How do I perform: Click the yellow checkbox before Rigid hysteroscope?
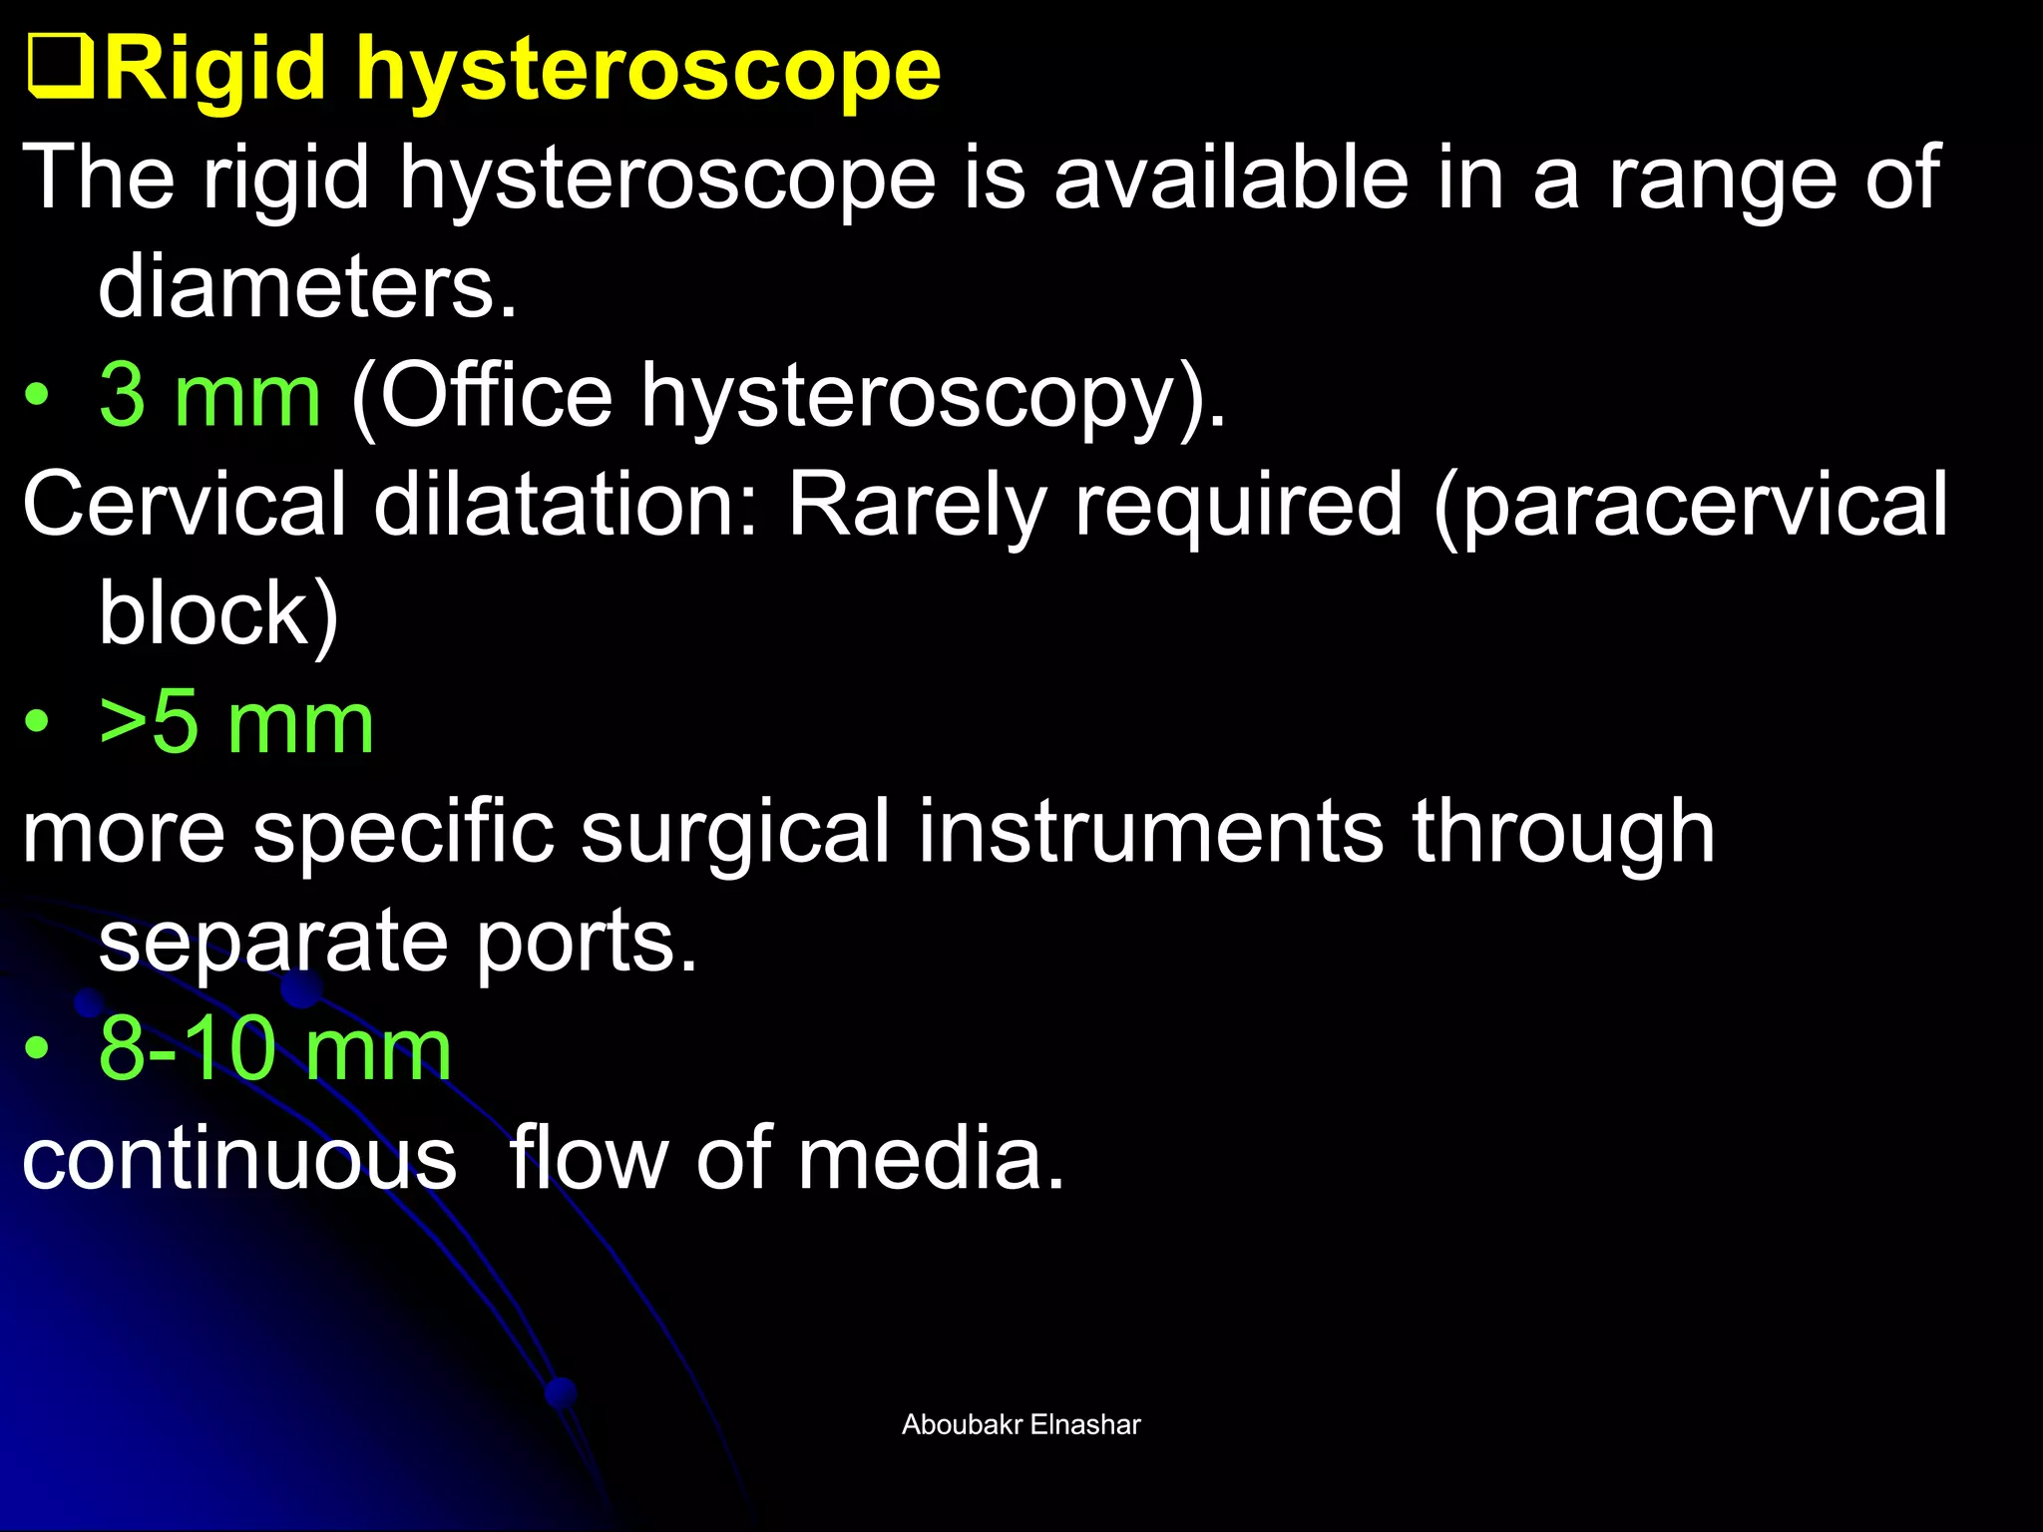60,68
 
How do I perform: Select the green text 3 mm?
209,396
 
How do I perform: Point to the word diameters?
307,287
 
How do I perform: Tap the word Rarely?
917,507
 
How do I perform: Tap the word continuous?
239,1159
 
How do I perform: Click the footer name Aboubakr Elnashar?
1021,1424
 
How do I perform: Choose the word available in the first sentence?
1231,179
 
